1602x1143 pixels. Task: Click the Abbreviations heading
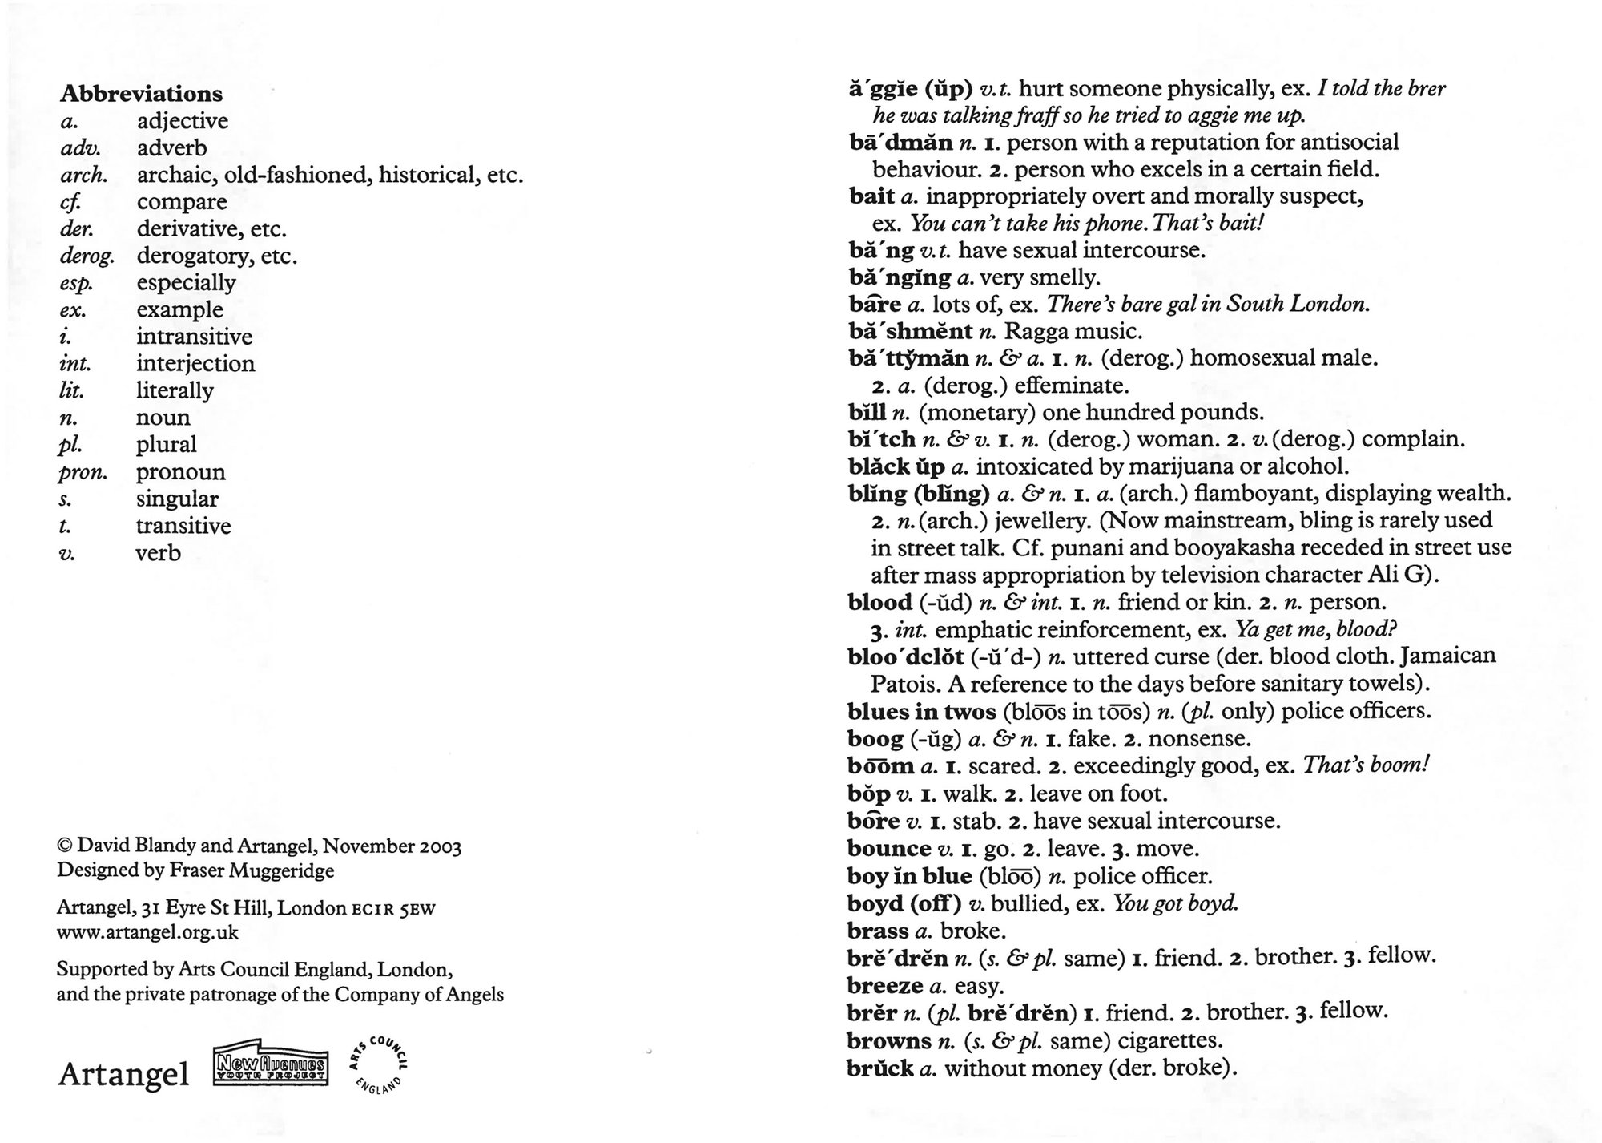point(141,94)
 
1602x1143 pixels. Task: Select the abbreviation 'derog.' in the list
point(87,256)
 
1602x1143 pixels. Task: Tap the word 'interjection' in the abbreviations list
point(195,364)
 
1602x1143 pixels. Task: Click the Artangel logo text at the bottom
point(123,1074)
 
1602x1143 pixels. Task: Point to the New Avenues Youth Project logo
point(271,1066)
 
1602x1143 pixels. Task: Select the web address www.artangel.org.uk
point(147,933)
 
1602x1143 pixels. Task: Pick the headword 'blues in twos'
point(921,712)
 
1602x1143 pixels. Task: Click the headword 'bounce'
point(889,849)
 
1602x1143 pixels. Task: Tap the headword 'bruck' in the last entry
point(879,1068)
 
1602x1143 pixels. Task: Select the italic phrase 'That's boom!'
point(1366,765)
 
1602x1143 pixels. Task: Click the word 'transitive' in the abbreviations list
point(183,527)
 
